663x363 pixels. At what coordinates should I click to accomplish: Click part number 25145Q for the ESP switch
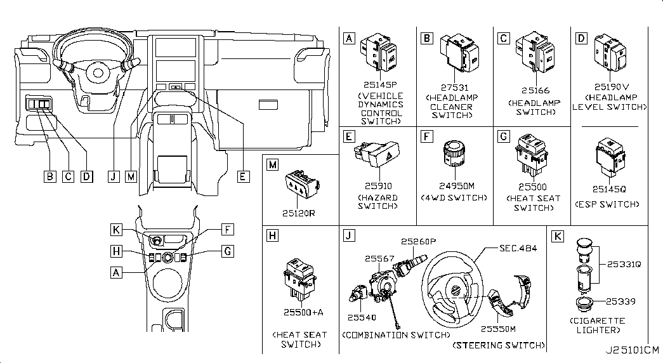coord(607,189)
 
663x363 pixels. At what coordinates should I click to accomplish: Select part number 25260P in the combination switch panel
coord(419,241)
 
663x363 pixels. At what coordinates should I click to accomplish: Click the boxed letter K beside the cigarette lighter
coord(557,237)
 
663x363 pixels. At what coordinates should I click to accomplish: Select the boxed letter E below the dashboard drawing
coord(242,177)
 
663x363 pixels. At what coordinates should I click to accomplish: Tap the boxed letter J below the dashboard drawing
coord(114,177)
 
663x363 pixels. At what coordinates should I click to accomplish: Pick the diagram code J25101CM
coord(632,350)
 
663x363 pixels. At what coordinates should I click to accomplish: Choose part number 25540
coord(362,316)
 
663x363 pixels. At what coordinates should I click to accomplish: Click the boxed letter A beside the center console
coord(115,272)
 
